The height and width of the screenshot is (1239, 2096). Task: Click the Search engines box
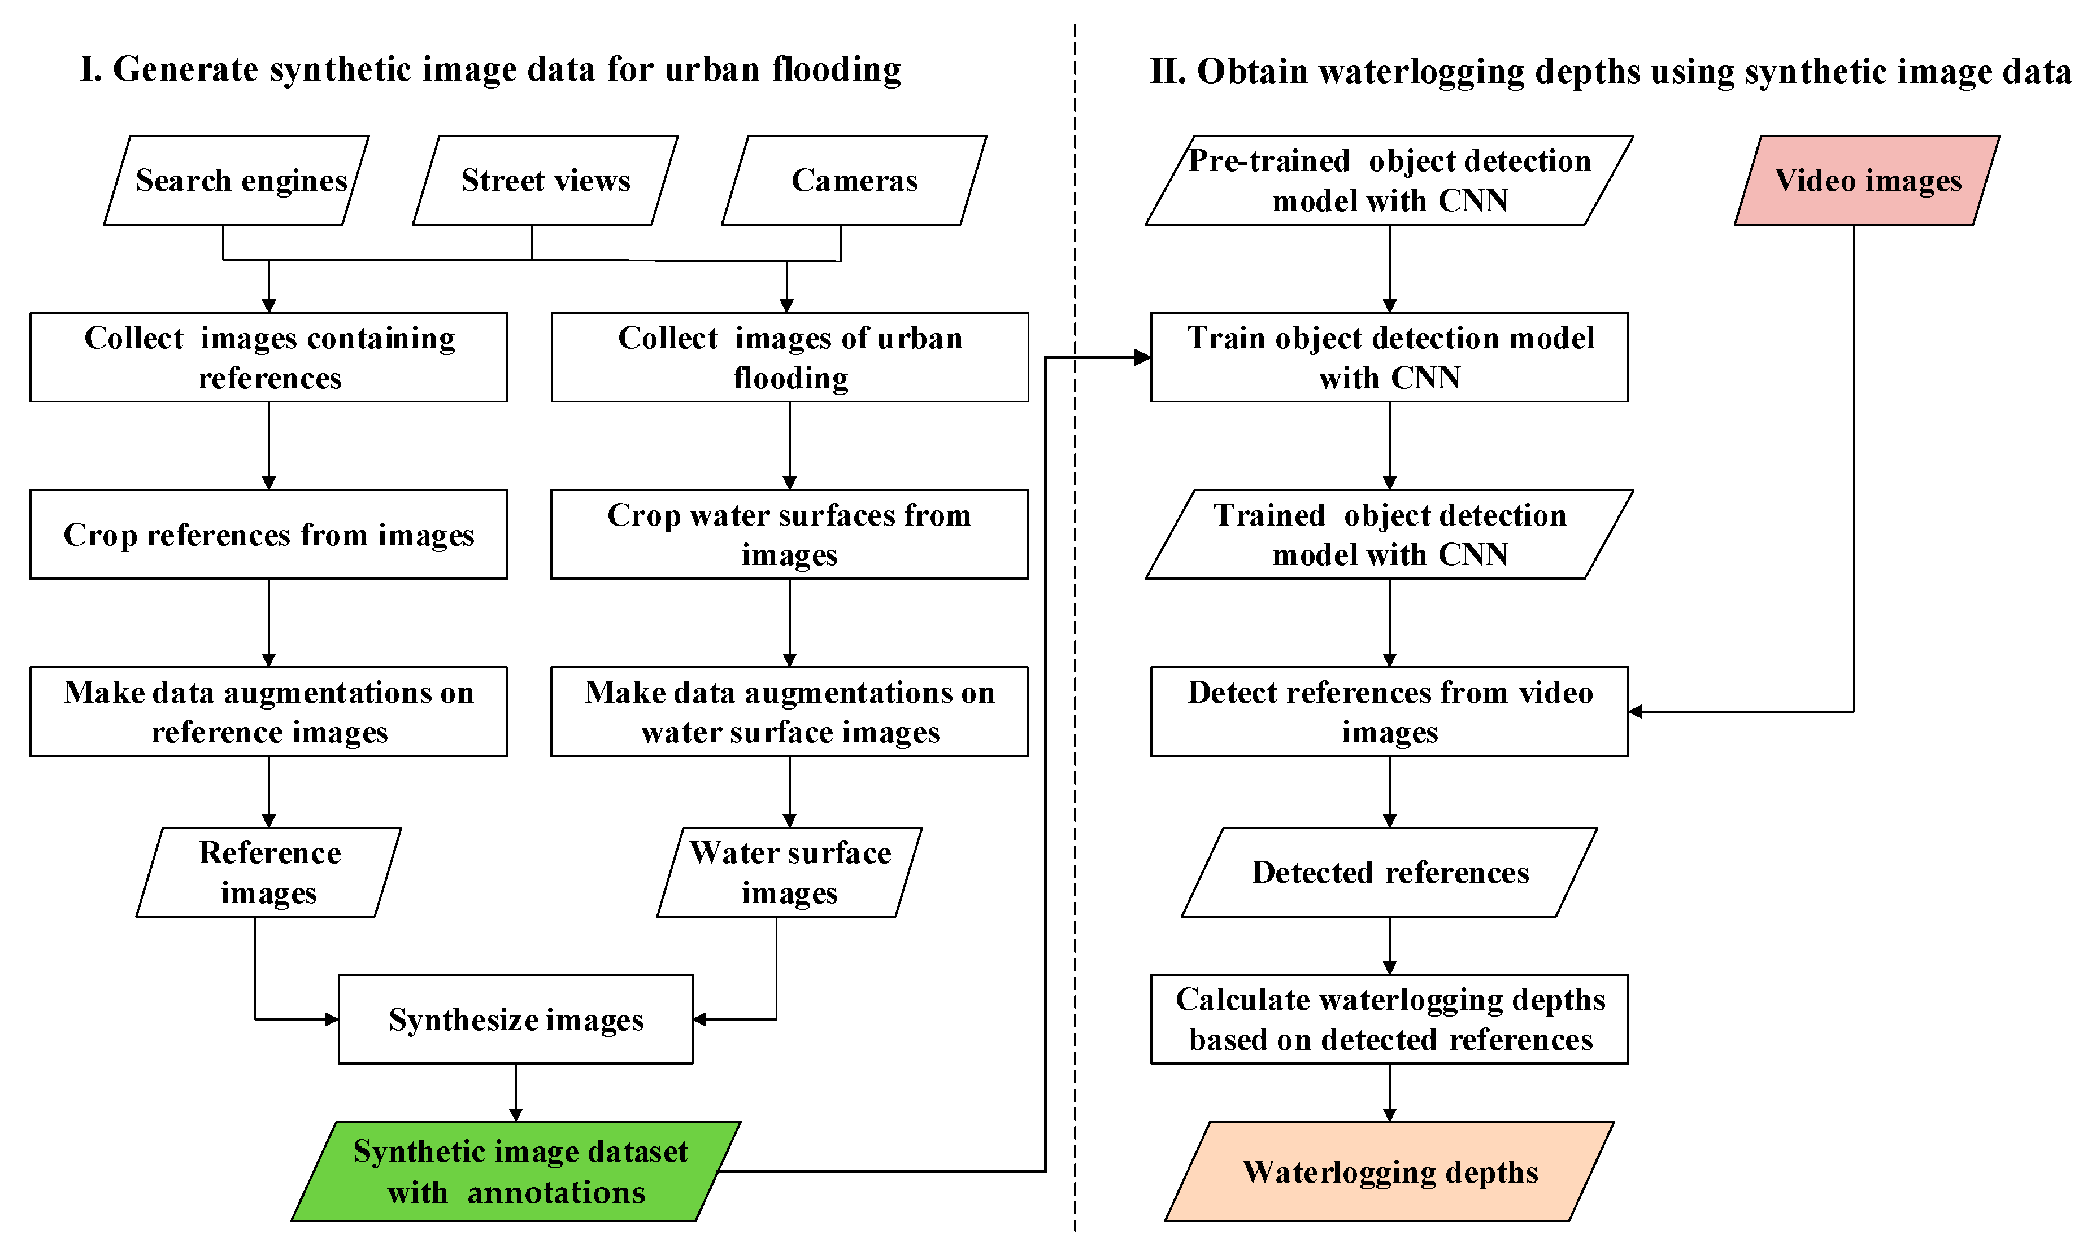pos(236,180)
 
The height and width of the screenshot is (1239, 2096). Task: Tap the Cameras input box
pos(854,180)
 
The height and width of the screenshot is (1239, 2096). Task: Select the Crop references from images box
pos(268,535)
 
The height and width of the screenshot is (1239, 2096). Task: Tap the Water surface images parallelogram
pos(789,873)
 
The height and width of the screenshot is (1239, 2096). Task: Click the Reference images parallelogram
pos(268,873)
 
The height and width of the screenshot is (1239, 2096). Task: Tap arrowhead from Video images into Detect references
pos(1636,711)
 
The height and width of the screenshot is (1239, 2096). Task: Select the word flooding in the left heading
pos(836,70)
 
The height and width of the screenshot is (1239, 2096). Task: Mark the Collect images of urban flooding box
pos(789,357)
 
